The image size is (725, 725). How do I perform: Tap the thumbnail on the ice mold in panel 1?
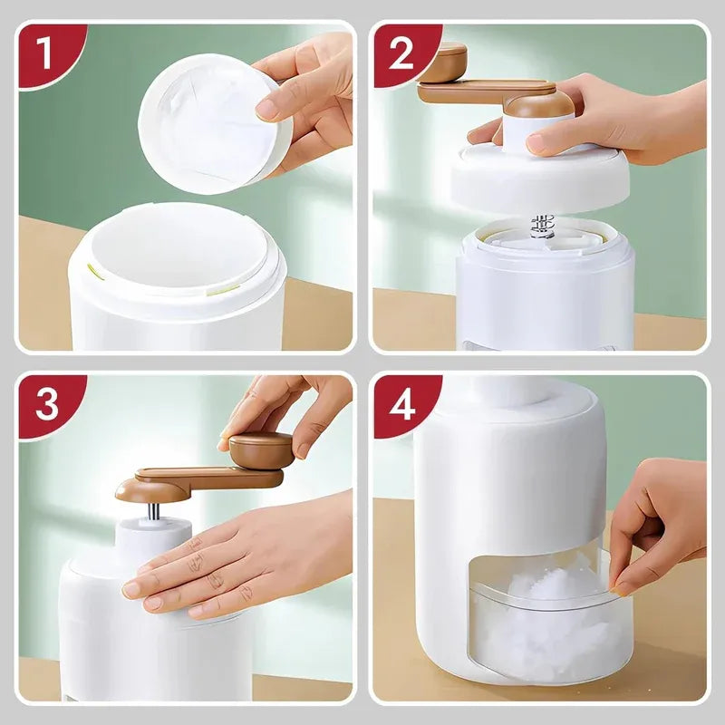tap(267, 110)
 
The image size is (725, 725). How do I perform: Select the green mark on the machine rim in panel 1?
tap(92, 269)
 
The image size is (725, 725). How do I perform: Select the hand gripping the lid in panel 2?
tap(607, 122)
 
